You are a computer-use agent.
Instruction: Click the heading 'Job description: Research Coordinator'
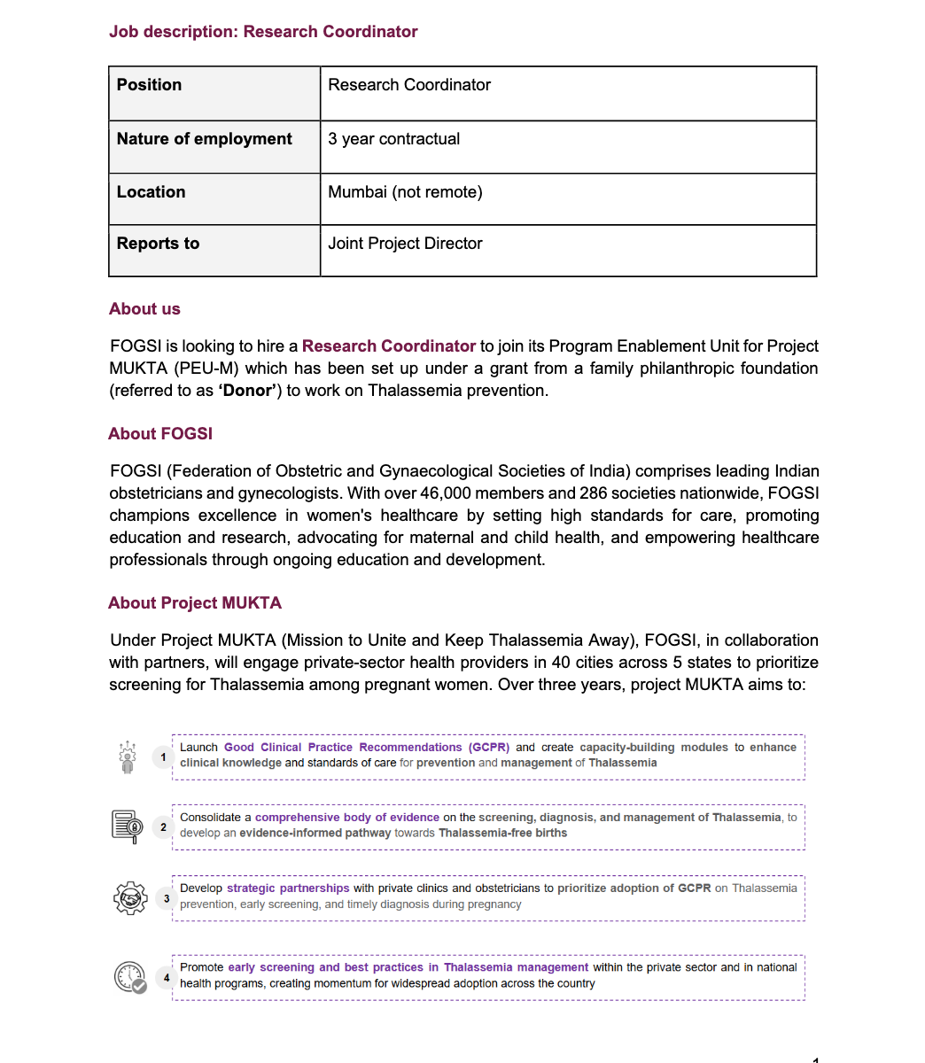click(x=263, y=32)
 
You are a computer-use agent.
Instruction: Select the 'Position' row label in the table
click(x=149, y=85)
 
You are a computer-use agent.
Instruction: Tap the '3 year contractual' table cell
click(x=394, y=139)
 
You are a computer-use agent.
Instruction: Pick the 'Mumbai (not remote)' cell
click(x=405, y=192)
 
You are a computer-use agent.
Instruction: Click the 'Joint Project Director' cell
click(x=405, y=244)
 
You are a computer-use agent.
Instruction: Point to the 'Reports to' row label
click(x=158, y=244)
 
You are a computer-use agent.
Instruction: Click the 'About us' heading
click(x=144, y=309)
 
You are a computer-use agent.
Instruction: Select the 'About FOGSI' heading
click(x=160, y=434)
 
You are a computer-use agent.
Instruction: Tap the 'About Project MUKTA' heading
click(x=195, y=603)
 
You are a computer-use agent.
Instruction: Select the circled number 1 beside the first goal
click(x=163, y=757)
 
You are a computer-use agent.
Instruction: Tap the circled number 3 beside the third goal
click(x=167, y=898)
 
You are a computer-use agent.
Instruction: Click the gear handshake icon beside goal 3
click(x=129, y=898)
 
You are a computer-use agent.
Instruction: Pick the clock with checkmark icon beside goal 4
click(x=130, y=978)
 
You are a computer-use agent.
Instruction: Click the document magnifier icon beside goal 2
click(x=128, y=826)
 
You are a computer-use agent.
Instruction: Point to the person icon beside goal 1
click(x=128, y=757)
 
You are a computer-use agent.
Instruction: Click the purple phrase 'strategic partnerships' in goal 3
click(x=288, y=888)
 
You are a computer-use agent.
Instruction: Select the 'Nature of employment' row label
click(x=205, y=139)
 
